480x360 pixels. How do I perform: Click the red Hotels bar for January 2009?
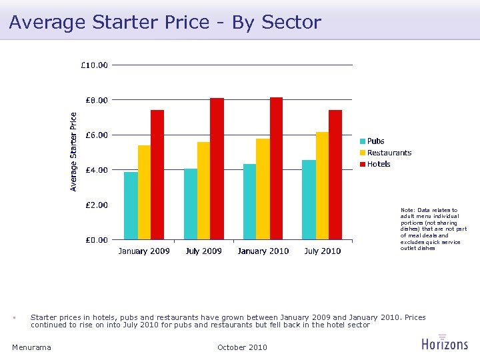[157, 175]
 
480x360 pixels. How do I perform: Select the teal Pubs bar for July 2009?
[191, 204]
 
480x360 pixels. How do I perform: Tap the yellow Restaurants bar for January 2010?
[263, 189]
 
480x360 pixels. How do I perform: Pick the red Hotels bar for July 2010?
[335, 175]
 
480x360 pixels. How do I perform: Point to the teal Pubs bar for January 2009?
[131, 205]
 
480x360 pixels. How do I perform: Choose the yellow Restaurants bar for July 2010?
[322, 185]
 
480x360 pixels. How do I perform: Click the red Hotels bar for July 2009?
[217, 169]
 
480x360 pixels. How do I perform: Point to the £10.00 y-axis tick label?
[95, 65]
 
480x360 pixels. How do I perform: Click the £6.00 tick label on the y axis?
[97, 135]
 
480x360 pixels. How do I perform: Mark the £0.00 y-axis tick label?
[97, 239]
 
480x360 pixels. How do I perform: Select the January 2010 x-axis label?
[263, 251]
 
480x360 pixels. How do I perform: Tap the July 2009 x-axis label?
[203, 251]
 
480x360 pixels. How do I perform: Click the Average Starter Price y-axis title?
[74, 151]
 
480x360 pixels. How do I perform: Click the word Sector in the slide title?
[291, 22]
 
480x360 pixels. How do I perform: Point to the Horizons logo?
[445, 343]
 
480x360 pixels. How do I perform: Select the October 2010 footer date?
[242, 347]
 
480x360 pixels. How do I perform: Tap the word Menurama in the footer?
[31, 347]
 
